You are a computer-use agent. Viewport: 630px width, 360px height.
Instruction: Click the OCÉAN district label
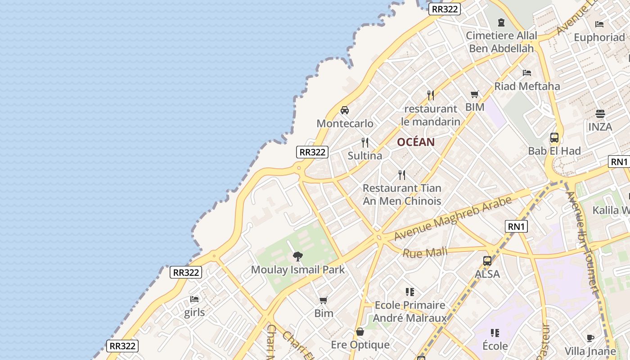pos(416,142)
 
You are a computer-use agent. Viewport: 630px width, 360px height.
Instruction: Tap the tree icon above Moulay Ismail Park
pos(297,256)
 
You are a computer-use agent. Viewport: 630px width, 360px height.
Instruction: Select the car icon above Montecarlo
pos(345,110)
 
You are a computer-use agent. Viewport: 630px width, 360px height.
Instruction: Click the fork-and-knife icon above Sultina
pos(365,143)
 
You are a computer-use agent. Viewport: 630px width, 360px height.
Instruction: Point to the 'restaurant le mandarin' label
pos(431,115)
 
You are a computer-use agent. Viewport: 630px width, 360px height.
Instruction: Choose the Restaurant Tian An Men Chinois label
pos(402,194)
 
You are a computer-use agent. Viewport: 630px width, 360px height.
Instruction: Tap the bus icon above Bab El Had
pos(554,138)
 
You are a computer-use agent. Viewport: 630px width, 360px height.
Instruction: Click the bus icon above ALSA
pos(487,261)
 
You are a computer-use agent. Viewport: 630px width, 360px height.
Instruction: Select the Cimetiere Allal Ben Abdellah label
pos(501,42)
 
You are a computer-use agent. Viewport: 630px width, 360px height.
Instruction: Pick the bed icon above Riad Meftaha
pos(527,73)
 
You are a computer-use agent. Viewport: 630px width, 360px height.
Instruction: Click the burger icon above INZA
pos(600,113)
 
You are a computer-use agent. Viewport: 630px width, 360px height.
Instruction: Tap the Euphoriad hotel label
pos(599,37)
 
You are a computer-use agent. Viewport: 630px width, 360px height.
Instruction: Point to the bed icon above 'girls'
pos(194,299)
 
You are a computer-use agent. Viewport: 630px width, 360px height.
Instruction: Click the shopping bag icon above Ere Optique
pos(360,332)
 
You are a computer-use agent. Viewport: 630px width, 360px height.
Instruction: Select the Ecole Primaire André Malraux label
pos(410,311)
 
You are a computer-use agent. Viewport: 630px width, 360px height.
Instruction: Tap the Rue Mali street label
pos(425,252)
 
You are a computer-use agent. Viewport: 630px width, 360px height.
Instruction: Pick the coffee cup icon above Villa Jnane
pos(591,338)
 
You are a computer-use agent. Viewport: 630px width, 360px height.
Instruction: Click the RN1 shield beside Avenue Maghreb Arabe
pos(517,226)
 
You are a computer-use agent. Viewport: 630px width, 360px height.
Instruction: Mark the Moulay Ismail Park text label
pos(297,270)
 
